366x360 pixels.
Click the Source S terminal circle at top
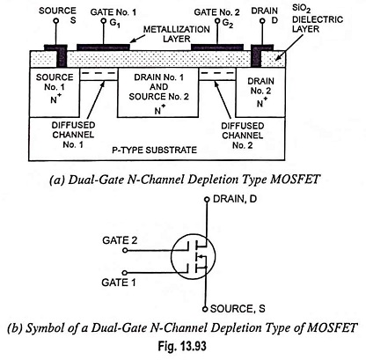point(56,21)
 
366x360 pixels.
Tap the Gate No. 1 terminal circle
point(103,21)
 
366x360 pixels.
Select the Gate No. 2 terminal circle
point(217,21)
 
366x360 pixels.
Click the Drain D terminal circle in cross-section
point(263,21)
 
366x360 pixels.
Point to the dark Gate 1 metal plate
point(103,47)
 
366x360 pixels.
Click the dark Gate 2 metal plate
point(217,47)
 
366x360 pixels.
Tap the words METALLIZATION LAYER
point(177,34)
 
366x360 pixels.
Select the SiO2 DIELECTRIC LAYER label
point(318,18)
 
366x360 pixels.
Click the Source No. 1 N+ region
point(55,92)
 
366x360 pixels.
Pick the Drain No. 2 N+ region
point(260,92)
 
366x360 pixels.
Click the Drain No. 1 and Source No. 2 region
point(157,92)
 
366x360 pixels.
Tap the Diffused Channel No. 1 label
point(73,135)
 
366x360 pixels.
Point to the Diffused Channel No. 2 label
point(243,136)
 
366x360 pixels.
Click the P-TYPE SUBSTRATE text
point(154,151)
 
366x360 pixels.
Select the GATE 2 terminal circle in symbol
point(125,250)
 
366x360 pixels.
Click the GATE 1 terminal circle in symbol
point(125,273)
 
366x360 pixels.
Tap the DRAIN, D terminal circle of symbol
point(207,200)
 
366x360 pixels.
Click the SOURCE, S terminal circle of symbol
point(205,309)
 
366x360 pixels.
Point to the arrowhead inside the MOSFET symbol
point(200,257)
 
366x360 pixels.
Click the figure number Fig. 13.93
point(182,346)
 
